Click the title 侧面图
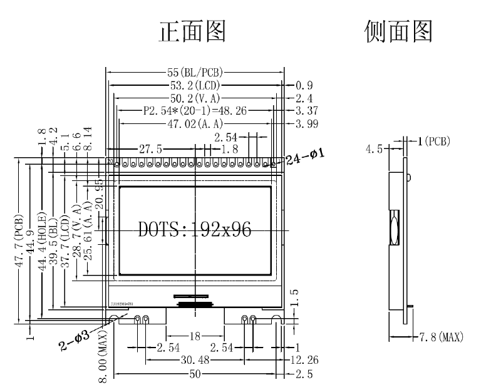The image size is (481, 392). point(398,31)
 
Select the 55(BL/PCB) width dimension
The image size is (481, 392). point(197,73)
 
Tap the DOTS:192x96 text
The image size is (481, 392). point(195,229)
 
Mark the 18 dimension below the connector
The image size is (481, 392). point(195,336)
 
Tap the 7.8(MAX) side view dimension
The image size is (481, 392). point(442,338)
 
